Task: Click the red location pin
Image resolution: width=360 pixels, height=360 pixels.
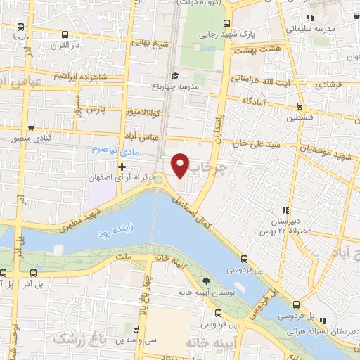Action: pyautogui.click(x=181, y=165)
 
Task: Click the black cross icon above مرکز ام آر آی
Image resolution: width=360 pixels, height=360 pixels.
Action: pyautogui.click(x=122, y=167)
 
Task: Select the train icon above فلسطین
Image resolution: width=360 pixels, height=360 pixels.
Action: pyautogui.click(x=300, y=107)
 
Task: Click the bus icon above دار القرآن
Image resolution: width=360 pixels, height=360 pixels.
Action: pyautogui.click(x=65, y=35)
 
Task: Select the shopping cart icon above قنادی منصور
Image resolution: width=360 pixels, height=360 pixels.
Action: pyautogui.click(x=30, y=127)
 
